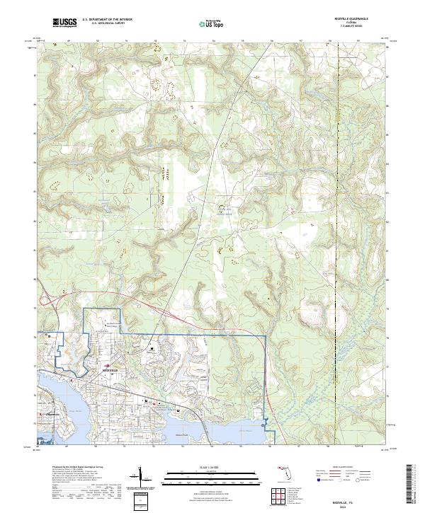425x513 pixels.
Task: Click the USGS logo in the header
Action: [64, 23]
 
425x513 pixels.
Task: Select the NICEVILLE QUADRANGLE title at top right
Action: [345, 19]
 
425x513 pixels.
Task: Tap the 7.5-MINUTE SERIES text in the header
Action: [345, 28]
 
